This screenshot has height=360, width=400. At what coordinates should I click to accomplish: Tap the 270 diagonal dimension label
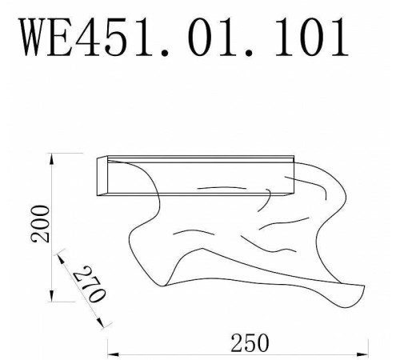(x=89, y=284)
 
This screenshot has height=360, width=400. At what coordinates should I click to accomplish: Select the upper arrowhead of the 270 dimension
(x=60, y=255)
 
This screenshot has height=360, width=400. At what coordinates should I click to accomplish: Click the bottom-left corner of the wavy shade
(x=164, y=286)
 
